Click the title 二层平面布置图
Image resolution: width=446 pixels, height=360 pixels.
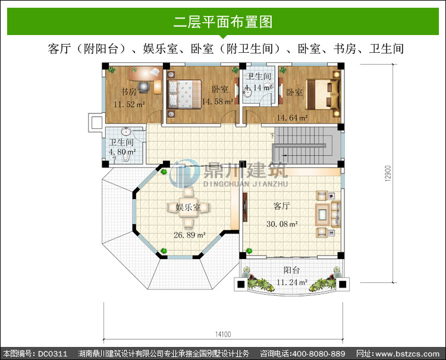(223, 22)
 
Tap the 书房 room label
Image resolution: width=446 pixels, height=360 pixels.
(128, 91)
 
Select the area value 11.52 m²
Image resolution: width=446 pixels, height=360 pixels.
(130, 105)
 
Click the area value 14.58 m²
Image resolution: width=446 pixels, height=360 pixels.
(218, 102)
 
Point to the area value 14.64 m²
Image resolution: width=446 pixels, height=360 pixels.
(292, 118)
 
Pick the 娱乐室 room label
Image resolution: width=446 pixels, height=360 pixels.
(188, 207)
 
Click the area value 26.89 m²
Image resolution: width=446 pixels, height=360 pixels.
(190, 235)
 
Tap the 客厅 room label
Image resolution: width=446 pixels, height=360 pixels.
(282, 206)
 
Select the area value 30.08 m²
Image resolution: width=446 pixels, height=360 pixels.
(282, 224)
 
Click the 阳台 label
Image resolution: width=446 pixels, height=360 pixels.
(291, 270)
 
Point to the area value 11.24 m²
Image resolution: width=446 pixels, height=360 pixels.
(292, 282)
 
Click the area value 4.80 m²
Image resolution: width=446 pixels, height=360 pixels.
(123, 151)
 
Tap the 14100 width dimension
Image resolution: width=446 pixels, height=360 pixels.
(223, 334)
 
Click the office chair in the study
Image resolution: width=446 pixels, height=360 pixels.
(145, 87)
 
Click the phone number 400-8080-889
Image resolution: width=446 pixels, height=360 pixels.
(319, 353)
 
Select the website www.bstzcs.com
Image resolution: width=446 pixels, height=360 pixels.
(407, 353)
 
